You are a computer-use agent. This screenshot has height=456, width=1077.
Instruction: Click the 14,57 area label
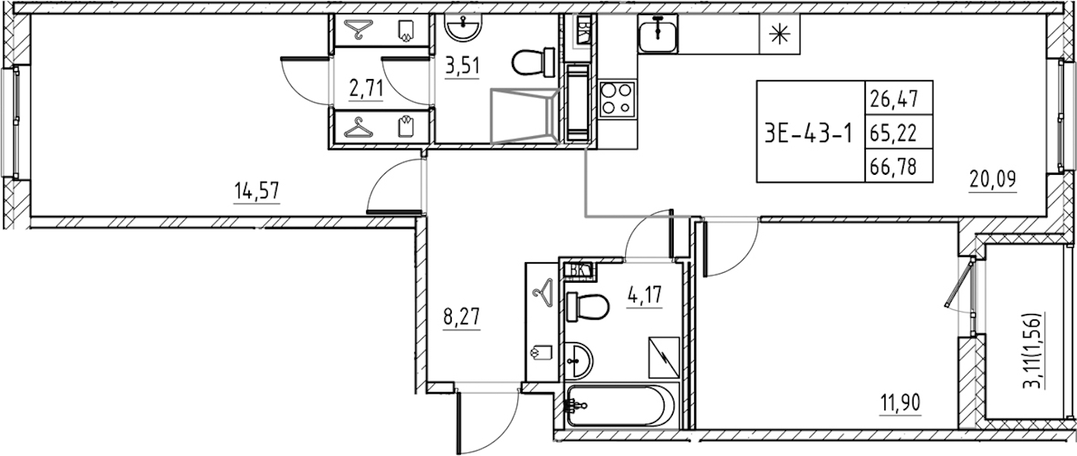(x=256, y=191)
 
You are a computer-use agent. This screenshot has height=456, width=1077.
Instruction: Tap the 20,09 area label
(x=993, y=179)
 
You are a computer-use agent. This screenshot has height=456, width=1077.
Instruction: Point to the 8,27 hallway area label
(x=462, y=317)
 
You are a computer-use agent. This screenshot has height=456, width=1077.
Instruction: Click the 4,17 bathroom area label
(x=644, y=294)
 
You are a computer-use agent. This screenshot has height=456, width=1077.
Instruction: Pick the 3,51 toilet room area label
(x=463, y=65)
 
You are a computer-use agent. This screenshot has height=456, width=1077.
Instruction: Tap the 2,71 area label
(x=366, y=89)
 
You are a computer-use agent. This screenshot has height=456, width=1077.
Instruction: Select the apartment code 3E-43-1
(x=808, y=133)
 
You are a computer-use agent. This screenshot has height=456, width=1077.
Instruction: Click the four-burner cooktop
(x=617, y=99)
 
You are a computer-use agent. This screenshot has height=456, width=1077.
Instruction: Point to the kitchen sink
(x=658, y=33)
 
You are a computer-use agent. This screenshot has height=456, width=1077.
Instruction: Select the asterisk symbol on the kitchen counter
(x=779, y=33)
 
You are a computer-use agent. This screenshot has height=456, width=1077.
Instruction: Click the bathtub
(x=622, y=405)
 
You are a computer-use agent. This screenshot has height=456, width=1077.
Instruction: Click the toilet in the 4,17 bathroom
(x=588, y=306)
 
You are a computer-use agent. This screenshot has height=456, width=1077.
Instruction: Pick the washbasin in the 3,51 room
(x=463, y=27)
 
